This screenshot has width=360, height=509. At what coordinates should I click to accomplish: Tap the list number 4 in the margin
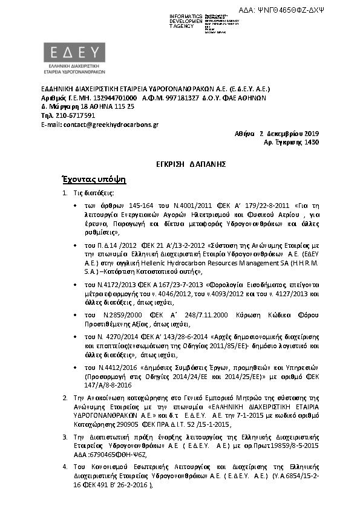click(x=65, y=467)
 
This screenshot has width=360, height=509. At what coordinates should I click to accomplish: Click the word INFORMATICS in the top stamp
click(x=186, y=16)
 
